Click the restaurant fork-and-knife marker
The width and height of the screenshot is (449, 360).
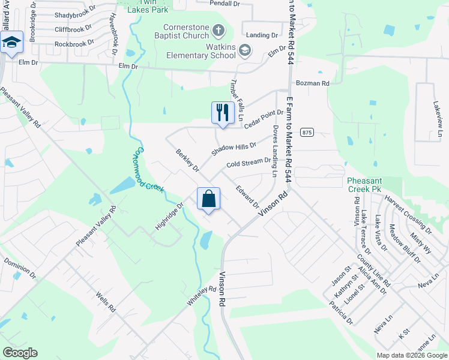[223, 113]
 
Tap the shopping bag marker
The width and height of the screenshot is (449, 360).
[208, 199]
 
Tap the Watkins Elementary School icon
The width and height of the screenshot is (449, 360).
[244, 50]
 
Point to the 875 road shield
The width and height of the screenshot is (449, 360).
[307, 132]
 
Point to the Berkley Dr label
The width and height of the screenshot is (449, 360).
[187, 160]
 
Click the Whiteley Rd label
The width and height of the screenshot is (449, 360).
[201, 298]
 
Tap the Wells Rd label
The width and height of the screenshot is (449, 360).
[105, 302]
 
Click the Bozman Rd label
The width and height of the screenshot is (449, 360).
[312, 83]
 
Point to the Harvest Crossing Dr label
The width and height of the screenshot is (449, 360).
[409, 214]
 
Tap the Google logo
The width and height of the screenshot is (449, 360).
[20, 353]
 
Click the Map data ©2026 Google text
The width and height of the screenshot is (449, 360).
[411, 355]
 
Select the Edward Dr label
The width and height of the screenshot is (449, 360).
[247, 197]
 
